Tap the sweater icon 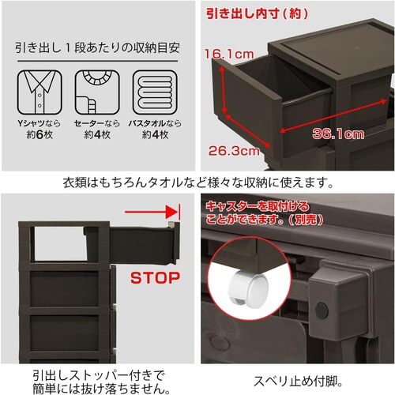[95, 94]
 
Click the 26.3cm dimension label [231, 149]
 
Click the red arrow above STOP [152, 213]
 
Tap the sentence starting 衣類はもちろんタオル [197, 182]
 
